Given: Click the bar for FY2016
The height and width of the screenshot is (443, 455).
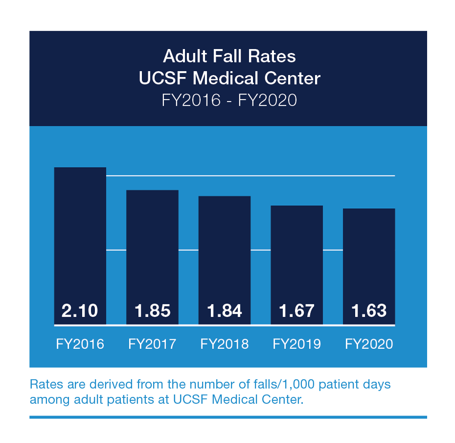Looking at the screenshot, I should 80,235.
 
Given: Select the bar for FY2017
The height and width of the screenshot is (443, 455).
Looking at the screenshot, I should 152,245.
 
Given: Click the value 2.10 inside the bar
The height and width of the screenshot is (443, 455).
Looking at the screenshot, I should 80,311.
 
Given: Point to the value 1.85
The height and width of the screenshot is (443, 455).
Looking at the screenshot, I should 152,311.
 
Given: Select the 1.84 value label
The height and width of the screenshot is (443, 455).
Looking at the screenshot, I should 224,311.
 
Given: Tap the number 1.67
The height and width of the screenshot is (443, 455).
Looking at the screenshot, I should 296,311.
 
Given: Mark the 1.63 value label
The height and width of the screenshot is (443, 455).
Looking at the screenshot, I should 369,311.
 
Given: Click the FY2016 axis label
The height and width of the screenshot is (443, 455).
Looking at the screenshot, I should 80,344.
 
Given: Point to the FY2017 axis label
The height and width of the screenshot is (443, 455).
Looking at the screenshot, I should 152,344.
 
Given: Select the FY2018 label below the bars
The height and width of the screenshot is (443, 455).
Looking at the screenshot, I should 224,344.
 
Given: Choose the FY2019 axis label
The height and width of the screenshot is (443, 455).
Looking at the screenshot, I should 296,344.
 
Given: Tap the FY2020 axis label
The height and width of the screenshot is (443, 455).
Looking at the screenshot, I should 369,344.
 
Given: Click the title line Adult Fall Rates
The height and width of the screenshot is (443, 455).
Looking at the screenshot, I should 229,56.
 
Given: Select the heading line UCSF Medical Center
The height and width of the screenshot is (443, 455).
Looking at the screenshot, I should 229,78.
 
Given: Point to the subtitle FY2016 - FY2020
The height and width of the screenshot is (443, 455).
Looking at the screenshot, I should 229,100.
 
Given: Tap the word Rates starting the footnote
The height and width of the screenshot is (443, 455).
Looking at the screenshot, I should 44,384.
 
